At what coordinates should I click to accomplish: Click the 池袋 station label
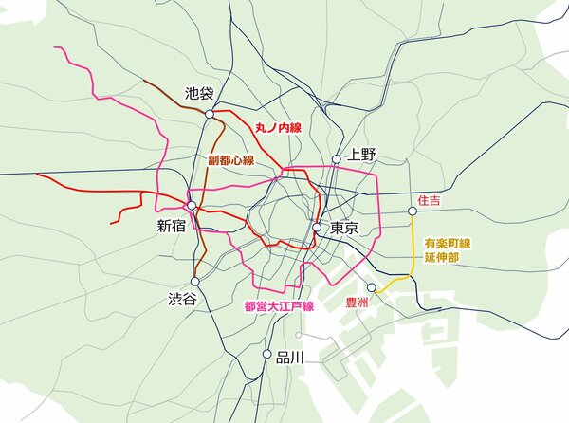(200, 94)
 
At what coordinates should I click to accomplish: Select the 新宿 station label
(176, 227)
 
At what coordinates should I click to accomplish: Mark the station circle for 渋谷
(194, 281)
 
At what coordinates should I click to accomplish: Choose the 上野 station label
(362, 154)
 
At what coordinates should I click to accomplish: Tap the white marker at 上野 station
(336, 159)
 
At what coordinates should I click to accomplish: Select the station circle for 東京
(317, 228)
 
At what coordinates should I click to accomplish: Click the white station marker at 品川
(266, 354)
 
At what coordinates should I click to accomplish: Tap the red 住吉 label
(429, 201)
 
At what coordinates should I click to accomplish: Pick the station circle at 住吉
(413, 212)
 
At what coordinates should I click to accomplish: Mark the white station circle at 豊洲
(372, 287)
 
